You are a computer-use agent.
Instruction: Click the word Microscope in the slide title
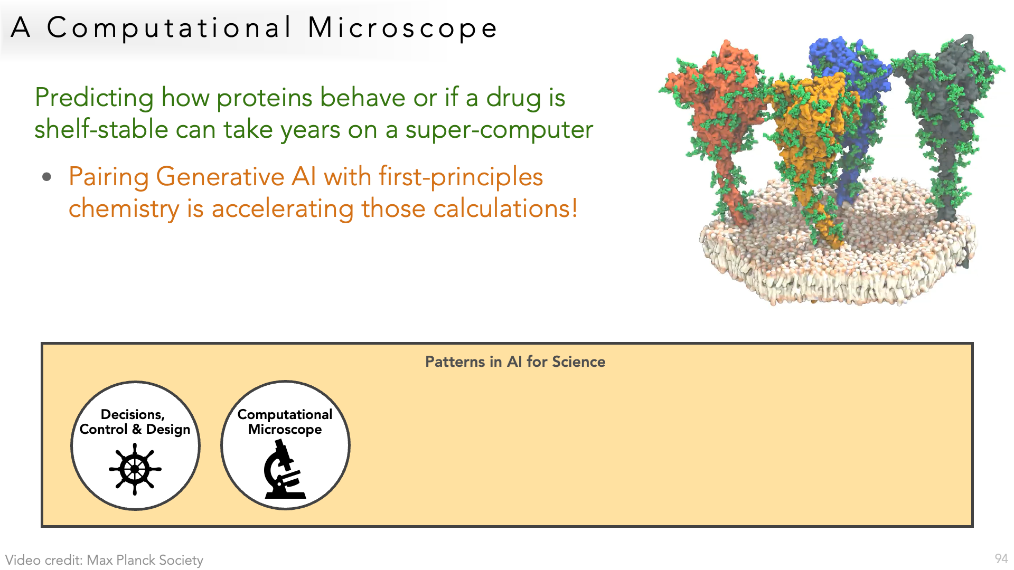402,28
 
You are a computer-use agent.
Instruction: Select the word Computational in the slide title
168,28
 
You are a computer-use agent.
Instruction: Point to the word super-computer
499,130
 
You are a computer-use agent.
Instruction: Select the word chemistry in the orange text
124,208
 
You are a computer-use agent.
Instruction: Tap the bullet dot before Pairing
47,177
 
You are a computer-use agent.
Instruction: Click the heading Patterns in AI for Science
515,362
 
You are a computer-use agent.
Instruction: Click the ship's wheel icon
135,469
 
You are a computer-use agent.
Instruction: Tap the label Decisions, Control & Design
135,422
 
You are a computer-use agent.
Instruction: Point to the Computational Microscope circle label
285,422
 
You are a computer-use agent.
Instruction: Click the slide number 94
1001,559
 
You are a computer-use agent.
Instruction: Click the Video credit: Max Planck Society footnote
104,560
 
